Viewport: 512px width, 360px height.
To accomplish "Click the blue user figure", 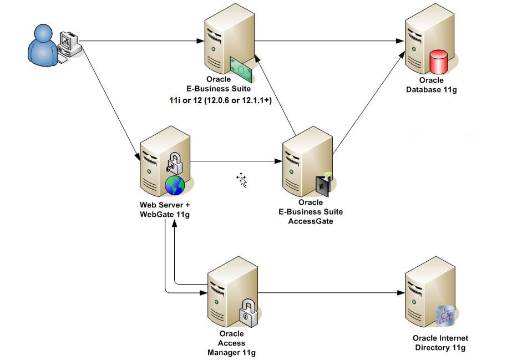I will coord(43,45).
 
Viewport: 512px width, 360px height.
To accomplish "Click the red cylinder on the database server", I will coord(439,62).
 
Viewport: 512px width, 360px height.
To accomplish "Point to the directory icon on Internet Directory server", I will coord(445,315).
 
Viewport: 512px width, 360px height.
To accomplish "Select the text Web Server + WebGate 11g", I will coord(165,210).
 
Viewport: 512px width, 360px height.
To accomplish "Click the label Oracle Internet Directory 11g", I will coord(440,343).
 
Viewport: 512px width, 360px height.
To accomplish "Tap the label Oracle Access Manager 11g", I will coord(232,343).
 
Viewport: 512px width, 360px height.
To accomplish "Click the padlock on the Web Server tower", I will coord(174,163).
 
